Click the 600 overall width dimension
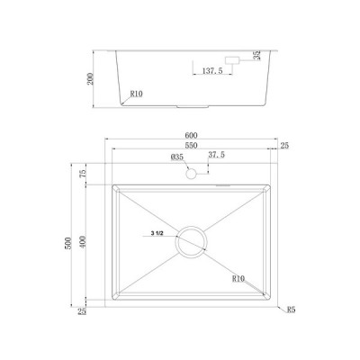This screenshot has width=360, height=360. coord(192,135)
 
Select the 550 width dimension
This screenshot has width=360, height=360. coord(192,148)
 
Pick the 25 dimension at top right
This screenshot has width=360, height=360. coord(284,146)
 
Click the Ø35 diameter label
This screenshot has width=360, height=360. coord(177,158)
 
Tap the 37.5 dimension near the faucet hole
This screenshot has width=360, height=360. coord(216,156)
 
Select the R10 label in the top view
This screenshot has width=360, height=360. coord(239,279)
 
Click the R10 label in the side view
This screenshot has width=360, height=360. coord(138,93)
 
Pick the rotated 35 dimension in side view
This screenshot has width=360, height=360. coord(257,58)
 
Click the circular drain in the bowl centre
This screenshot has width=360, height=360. coord(192,240)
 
